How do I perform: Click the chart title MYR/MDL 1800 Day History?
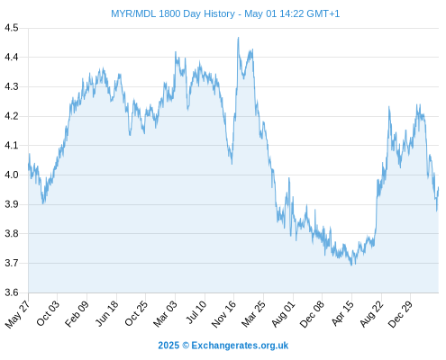click(x=173, y=13)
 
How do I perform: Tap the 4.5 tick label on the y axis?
click(x=12, y=28)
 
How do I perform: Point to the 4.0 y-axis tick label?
click(x=12, y=175)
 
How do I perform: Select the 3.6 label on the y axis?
click(x=12, y=292)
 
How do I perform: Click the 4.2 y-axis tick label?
click(x=12, y=116)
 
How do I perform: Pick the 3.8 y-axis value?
click(x=12, y=234)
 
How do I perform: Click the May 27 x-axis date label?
click(x=18, y=314)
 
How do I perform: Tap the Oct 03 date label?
click(x=48, y=313)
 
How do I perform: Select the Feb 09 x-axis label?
click(x=77, y=313)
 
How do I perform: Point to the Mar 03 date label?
click(x=165, y=314)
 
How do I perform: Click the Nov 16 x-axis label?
click(x=223, y=314)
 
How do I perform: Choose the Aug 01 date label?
click(x=283, y=314)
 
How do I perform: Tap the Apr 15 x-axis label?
click(x=342, y=313)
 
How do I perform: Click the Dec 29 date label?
click(x=400, y=314)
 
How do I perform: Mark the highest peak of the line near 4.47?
click(x=239, y=38)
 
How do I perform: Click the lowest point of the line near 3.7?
click(x=351, y=265)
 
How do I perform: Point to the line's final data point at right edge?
click(x=439, y=187)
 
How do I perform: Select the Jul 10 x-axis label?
click(x=196, y=312)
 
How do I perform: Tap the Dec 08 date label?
click(x=312, y=314)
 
